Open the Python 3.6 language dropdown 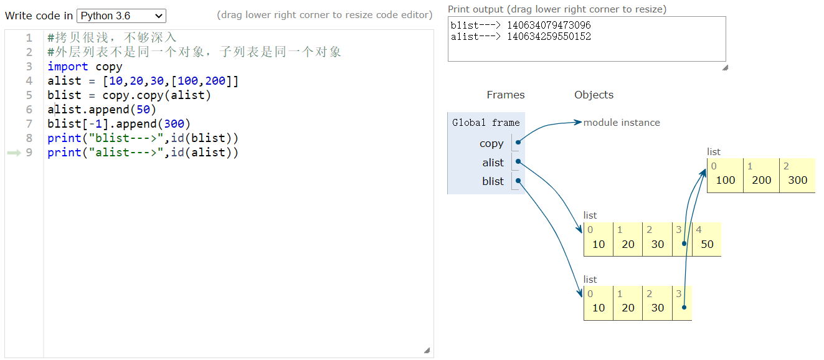point(121,16)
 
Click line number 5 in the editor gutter point(29,95)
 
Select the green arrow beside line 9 point(14,153)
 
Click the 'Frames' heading point(505,95)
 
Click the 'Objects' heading point(594,95)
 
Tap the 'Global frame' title point(486,123)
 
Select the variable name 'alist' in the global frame point(493,163)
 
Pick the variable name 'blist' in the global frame point(493,181)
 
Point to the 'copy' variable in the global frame point(491,143)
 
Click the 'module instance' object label point(622,123)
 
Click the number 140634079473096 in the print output point(549,26)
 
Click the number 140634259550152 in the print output point(549,37)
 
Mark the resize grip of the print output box point(724,67)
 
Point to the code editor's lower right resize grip point(427,351)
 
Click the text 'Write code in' point(39,16)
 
